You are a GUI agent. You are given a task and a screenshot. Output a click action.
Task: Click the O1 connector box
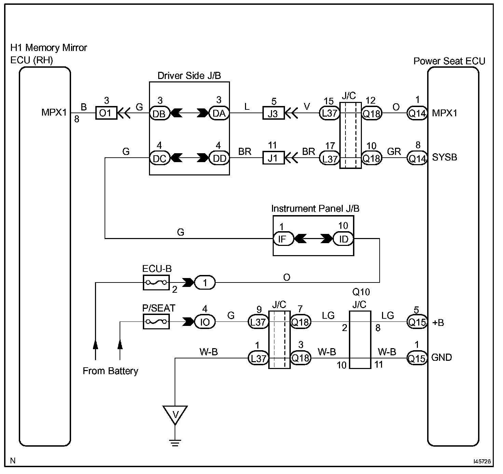(x=106, y=113)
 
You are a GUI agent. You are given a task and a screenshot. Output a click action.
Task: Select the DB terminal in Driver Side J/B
(x=160, y=113)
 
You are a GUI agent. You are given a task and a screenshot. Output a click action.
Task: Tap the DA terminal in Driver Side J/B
(x=219, y=113)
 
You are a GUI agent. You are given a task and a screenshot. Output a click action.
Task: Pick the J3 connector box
(x=273, y=113)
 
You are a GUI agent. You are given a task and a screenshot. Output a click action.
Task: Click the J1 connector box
(x=273, y=158)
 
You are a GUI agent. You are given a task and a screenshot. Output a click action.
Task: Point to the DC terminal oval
(x=160, y=158)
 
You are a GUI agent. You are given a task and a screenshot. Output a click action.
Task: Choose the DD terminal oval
(x=219, y=158)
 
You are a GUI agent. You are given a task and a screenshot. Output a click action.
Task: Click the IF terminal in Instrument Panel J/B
(x=283, y=238)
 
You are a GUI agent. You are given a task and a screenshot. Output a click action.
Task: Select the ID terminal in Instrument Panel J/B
(x=343, y=238)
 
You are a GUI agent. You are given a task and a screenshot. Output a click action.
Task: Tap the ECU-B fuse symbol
(x=156, y=282)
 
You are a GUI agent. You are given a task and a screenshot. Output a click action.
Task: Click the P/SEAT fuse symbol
(x=156, y=322)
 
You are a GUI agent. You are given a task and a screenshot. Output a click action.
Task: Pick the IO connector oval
(x=205, y=322)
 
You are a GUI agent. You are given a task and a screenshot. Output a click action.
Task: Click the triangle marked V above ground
(x=175, y=415)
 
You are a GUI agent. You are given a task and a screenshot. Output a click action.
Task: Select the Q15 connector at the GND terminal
(x=417, y=358)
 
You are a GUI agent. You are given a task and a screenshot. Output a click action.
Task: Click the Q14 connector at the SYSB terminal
(x=417, y=158)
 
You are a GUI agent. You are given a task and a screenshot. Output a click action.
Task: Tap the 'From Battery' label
(x=110, y=371)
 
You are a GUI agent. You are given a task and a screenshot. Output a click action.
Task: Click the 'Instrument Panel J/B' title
(x=315, y=209)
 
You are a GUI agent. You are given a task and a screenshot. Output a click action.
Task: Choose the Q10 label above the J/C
(x=361, y=292)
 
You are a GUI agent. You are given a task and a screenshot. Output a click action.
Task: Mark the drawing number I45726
(x=482, y=461)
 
